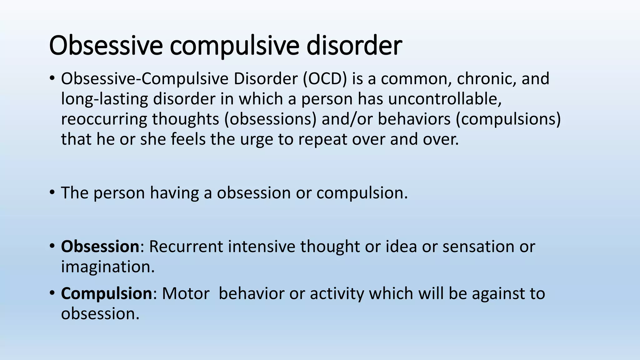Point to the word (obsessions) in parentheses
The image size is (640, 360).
tap(270, 119)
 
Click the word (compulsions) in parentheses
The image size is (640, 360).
tap(508, 119)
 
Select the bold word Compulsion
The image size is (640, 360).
tap(106, 293)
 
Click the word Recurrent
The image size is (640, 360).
tap(186, 246)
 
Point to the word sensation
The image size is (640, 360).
tap(478, 246)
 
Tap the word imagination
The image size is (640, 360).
tap(108, 267)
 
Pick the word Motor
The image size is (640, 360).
tap(186, 293)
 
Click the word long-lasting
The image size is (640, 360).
tap(104, 99)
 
